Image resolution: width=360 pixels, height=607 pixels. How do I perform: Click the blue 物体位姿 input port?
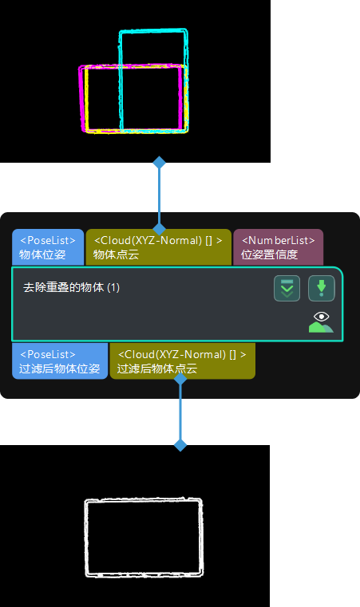tap(47, 247)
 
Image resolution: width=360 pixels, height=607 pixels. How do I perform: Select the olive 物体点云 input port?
tap(158, 247)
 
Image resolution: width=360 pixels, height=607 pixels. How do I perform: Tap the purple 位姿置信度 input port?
tap(278, 247)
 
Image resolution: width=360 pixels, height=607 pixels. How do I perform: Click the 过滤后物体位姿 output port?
tap(59, 361)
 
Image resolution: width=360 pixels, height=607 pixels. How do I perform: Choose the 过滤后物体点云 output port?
tap(182, 361)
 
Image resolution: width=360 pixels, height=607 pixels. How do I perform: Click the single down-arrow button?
tap(321, 288)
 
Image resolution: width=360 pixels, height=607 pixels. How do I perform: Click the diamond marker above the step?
tap(159, 163)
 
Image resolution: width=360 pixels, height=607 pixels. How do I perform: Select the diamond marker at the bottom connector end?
tap(180, 445)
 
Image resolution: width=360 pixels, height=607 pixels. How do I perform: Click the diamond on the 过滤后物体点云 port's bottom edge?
tap(180, 379)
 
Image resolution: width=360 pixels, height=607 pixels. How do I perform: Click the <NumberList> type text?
tap(278, 240)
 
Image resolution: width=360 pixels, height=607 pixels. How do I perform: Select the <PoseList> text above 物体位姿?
tap(47, 240)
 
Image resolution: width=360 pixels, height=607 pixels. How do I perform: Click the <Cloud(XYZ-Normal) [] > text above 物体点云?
tap(158, 240)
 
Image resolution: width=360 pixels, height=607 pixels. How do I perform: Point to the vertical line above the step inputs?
tap(159, 196)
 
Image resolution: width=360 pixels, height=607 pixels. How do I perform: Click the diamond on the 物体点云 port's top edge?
tap(159, 229)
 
